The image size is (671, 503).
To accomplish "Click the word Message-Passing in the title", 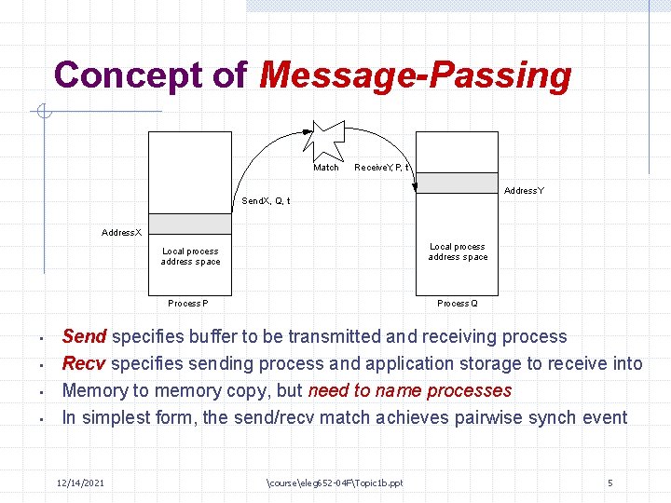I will pos(416,75).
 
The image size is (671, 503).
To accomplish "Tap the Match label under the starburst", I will pos(326,168).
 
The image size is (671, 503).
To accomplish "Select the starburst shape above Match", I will pos(327,139).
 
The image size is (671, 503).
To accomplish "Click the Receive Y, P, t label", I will pos(382,168).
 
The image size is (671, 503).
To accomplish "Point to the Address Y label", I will pos(524,191).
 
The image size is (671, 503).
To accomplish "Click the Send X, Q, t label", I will pos(266,201).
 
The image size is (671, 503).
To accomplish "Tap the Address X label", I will pos(121,232).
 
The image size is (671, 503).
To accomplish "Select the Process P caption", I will pos(188,304).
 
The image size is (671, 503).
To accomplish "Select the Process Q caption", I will pos(458,304).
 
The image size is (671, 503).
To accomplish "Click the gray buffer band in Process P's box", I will pos(189,224).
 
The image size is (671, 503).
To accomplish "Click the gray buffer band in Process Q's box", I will pos(457,183).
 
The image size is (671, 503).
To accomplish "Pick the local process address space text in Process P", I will pos(190,256).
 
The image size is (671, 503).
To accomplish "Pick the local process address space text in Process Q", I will pos(458,251).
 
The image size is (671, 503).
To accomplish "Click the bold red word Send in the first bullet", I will pos(84,336).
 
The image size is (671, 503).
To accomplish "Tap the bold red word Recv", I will pos(83,363).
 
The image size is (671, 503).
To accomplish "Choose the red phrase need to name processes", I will pos(409,390).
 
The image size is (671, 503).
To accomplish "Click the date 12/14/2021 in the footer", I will pos(80,483).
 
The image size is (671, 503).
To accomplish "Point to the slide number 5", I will pos(609,483).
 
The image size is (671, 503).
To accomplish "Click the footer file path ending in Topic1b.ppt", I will pos(335,483).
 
